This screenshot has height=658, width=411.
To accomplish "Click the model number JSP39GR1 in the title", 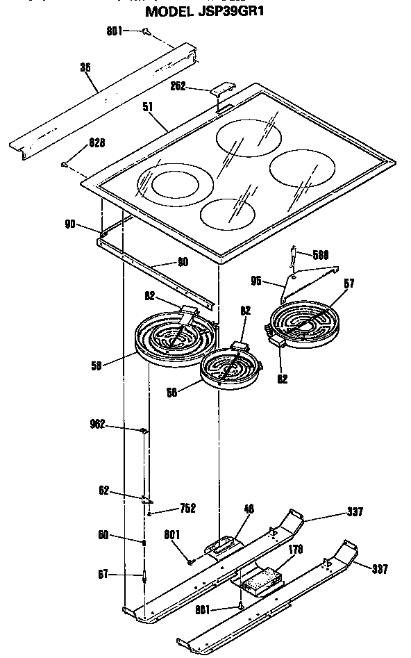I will click(x=230, y=12).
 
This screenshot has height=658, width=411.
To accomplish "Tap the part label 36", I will click(x=86, y=68).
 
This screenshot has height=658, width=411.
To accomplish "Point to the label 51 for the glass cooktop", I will click(x=149, y=107).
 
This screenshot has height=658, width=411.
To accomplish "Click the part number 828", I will click(x=97, y=143).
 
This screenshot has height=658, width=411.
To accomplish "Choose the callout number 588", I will click(x=321, y=254).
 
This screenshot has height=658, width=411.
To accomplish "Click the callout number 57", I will click(x=349, y=283).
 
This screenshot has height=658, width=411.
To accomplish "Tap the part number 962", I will click(x=97, y=424).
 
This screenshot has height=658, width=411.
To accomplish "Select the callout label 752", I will click(x=187, y=508).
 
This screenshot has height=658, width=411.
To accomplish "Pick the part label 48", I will click(x=248, y=509).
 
